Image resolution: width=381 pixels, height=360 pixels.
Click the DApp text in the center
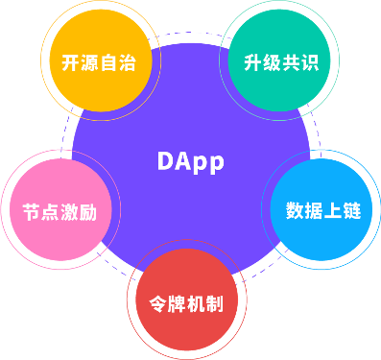tap(190, 160)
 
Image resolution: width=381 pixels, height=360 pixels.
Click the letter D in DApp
tap(166, 160)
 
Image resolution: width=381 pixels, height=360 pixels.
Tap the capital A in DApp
tap(183, 160)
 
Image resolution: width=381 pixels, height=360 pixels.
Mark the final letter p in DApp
tap(215, 162)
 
